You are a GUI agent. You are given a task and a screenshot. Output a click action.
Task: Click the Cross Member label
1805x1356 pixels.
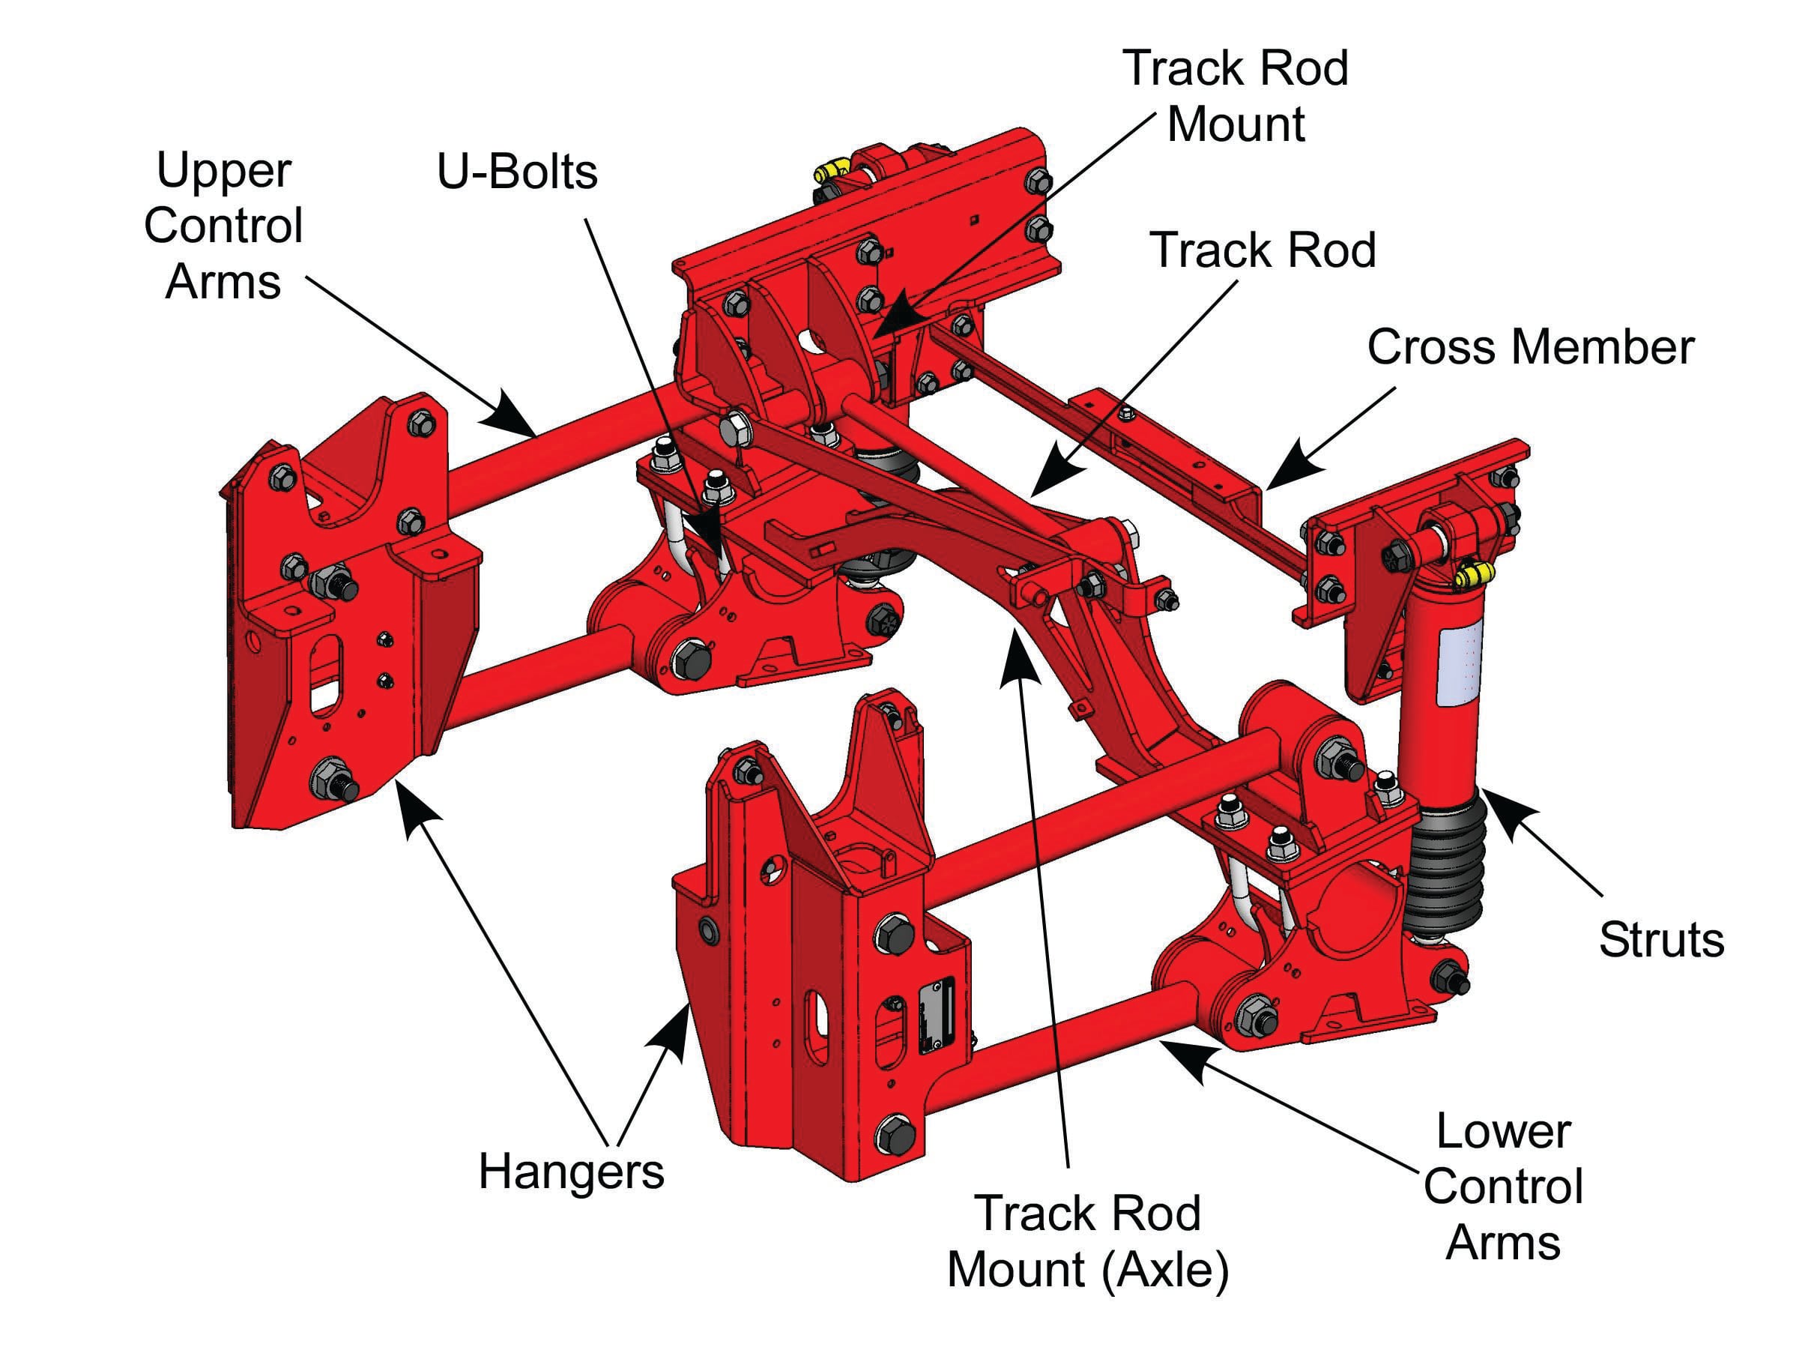click(1530, 349)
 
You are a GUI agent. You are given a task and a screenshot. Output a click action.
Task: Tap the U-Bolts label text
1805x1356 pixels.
click(517, 172)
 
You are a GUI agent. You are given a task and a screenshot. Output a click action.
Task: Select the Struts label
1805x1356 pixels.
click(1660, 940)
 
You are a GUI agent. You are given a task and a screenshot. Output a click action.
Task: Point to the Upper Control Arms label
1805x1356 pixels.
click(223, 226)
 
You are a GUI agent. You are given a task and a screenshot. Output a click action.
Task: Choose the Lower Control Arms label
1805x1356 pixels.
click(1503, 1187)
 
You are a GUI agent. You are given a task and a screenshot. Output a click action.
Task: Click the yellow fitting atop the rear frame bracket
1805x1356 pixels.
click(831, 173)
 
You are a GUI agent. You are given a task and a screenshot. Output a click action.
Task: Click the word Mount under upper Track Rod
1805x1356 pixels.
click(1236, 125)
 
